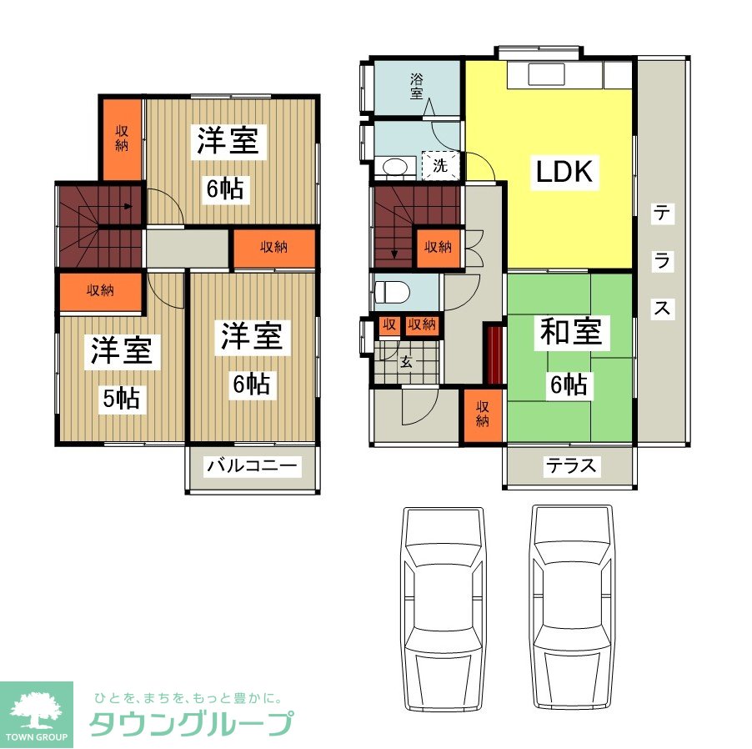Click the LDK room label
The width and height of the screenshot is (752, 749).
tap(564, 171)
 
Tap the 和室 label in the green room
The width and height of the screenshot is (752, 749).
tap(570, 332)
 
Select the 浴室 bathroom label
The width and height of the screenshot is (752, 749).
tap(416, 87)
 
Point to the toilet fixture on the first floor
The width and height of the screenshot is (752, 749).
tap(391, 291)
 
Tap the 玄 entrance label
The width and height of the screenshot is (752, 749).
tap(406, 361)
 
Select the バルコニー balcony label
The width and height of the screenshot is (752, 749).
tap(252, 466)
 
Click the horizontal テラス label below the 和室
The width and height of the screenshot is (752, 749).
tap(571, 466)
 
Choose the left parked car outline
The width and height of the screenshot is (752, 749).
tap(444, 609)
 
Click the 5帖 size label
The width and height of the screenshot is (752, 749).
tap(122, 398)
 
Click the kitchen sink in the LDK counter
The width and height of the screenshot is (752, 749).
tap(546, 75)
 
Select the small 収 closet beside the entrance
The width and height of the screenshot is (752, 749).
tap(389, 325)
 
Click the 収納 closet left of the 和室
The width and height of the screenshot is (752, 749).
tap(483, 415)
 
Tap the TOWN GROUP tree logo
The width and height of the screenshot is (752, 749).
tap(37, 715)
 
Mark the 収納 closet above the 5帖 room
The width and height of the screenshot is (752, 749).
tap(100, 291)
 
